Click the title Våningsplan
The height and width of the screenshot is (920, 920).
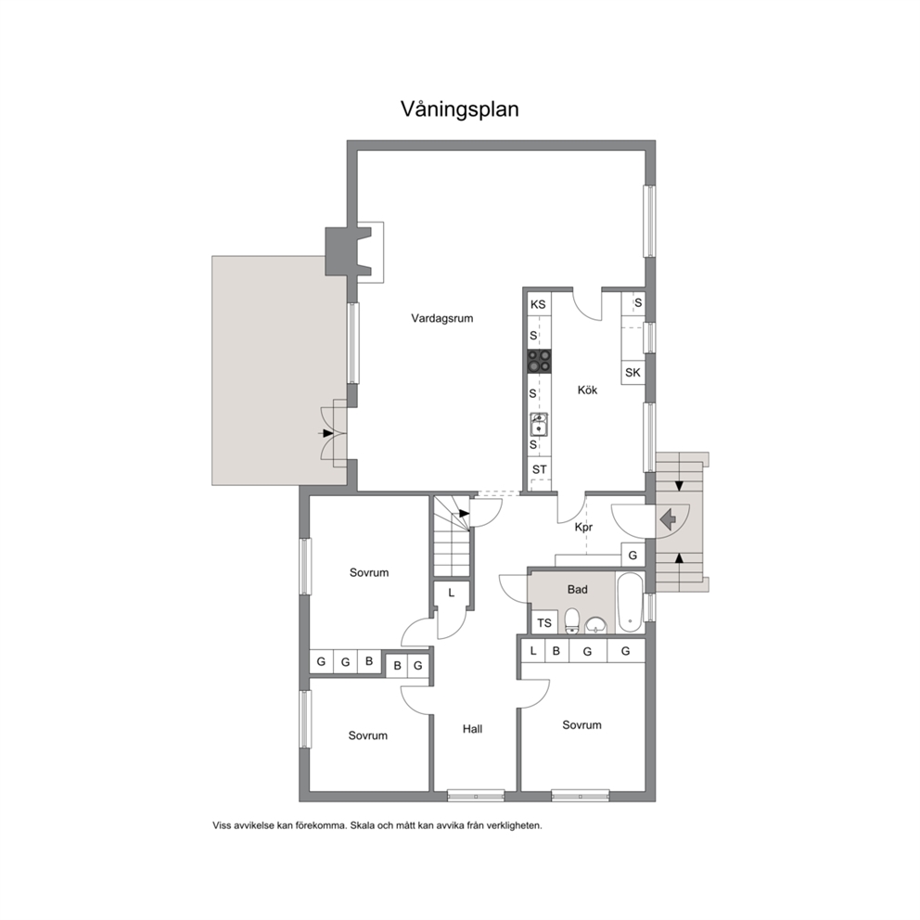(x=459, y=109)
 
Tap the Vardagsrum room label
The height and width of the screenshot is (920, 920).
(x=441, y=319)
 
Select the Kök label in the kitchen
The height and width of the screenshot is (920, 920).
(x=587, y=390)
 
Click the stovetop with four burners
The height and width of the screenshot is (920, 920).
(x=539, y=361)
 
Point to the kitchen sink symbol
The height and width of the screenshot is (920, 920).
(x=539, y=425)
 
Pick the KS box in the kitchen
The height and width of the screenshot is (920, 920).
(x=539, y=304)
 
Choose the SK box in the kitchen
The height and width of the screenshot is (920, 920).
(x=632, y=373)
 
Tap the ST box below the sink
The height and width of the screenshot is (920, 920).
(x=539, y=469)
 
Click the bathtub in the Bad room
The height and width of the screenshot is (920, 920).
(x=630, y=603)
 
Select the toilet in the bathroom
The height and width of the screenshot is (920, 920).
(x=572, y=621)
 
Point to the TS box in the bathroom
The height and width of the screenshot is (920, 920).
(x=543, y=622)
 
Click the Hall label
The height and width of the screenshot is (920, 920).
(x=472, y=729)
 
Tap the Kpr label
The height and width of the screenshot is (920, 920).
(x=583, y=528)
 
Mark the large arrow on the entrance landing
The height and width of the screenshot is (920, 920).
(x=669, y=520)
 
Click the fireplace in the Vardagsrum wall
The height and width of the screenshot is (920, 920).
(x=349, y=251)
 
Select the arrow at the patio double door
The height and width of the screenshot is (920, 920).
(x=326, y=433)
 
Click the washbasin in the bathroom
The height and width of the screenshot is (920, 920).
(x=596, y=625)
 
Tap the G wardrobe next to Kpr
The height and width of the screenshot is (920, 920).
(x=632, y=555)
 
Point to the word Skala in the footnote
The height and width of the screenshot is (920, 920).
(x=362, y=825)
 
